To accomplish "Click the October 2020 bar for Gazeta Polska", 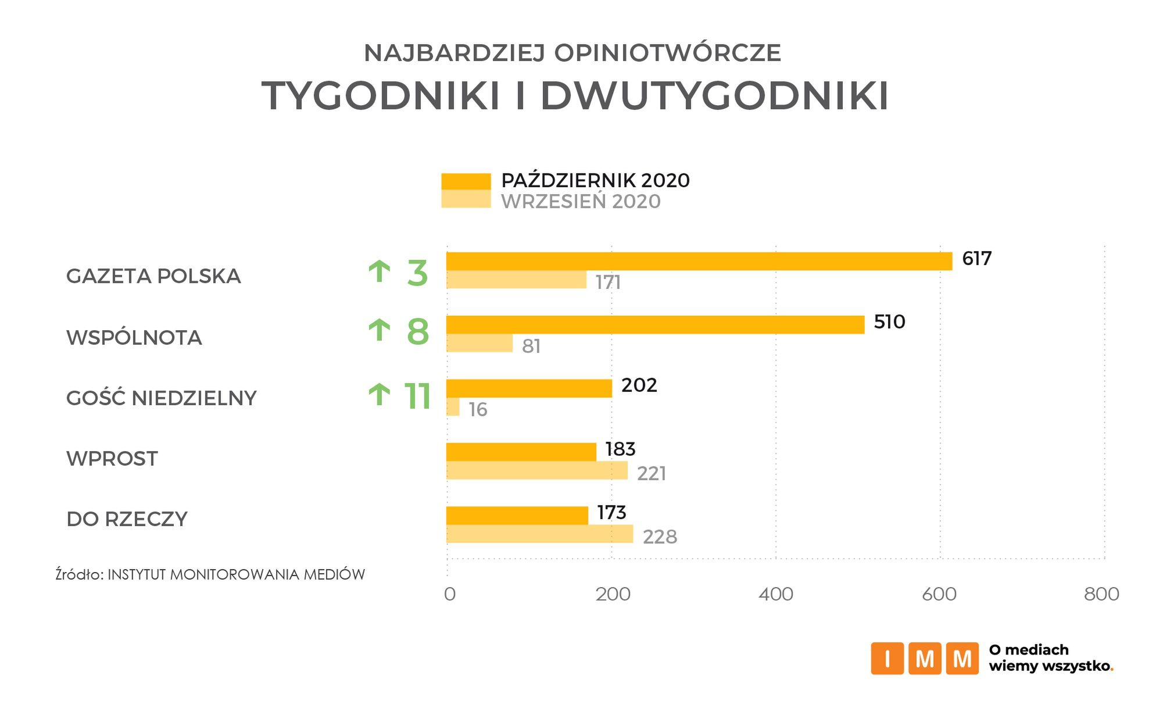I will [x=699, y=262].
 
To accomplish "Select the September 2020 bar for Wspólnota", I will [x=479, y=344].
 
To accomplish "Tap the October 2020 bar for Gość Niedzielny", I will [x=529, y=388].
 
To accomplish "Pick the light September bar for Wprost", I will [x=537, y=470].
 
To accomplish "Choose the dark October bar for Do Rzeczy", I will [x=517, y=516].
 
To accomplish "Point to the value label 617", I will [x=976, y=259].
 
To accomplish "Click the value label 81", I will [x=531, y=346].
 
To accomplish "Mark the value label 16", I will [x=478, y=410].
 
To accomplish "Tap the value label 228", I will [x=660, y=537].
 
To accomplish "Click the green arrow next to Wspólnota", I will [x=380, y=331].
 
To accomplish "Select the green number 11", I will [x=417, y=396].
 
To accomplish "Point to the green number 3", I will [x=417, y=274].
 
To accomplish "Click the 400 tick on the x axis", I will [x=776, y=594].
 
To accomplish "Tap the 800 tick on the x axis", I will [x=1101, y=594].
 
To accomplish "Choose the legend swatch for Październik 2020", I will [x=466, y=181].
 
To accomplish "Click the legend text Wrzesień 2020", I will [x=581, y=202].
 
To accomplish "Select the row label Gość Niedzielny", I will [x=161, y=398].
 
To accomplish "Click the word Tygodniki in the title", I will [x=381, y=95].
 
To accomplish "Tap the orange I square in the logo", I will [x=887, y=659].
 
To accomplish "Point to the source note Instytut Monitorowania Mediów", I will [x=236, y=574].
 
